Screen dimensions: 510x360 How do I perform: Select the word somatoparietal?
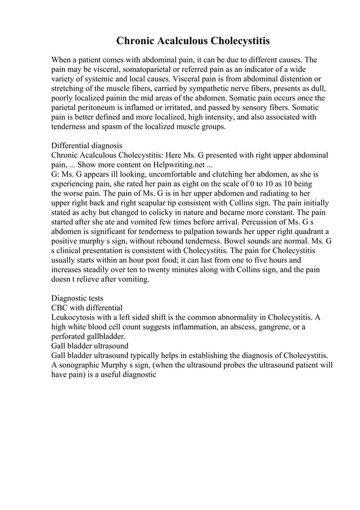(135, 69)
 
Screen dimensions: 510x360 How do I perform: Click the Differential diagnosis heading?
(86, 145)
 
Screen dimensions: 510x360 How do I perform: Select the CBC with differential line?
(86, 308)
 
